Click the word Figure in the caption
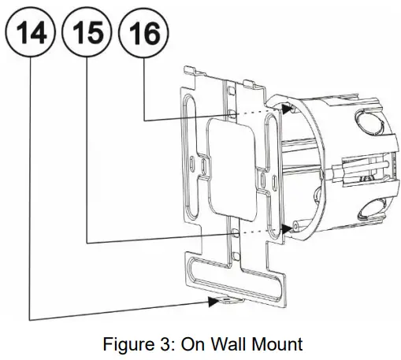point(128,343)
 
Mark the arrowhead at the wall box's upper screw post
point(285,108)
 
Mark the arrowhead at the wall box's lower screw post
point(285,228)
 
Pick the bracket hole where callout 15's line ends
point(235,233)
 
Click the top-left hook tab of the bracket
point(190,72)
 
